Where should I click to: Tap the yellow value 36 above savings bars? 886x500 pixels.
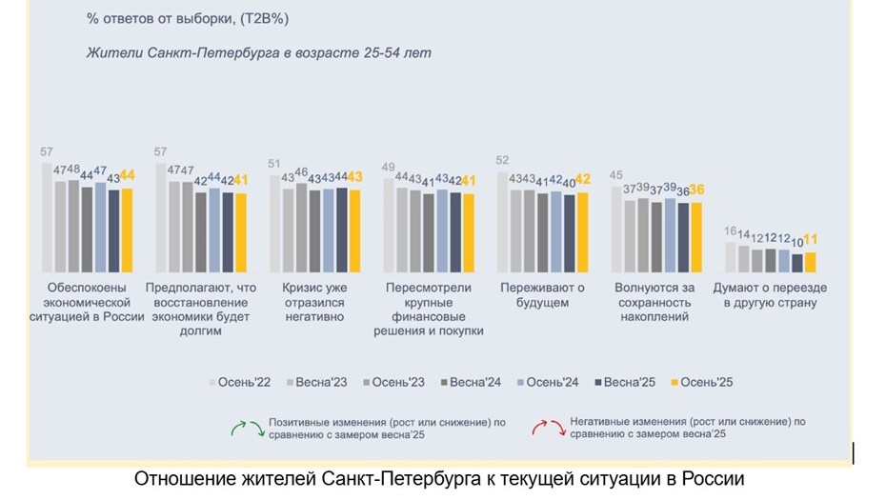(x=696, y=190)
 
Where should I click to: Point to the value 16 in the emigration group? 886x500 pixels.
(x=730, y=231)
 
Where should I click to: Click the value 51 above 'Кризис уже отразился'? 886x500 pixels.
(x=275, y=164)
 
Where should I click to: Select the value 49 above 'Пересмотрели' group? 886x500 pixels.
(x=389, y=169)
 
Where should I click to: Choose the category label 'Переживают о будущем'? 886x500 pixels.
(x=541, y=295)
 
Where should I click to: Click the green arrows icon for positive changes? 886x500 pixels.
(x=246, y=428)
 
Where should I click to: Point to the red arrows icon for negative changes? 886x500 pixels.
(x=546, y=428)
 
